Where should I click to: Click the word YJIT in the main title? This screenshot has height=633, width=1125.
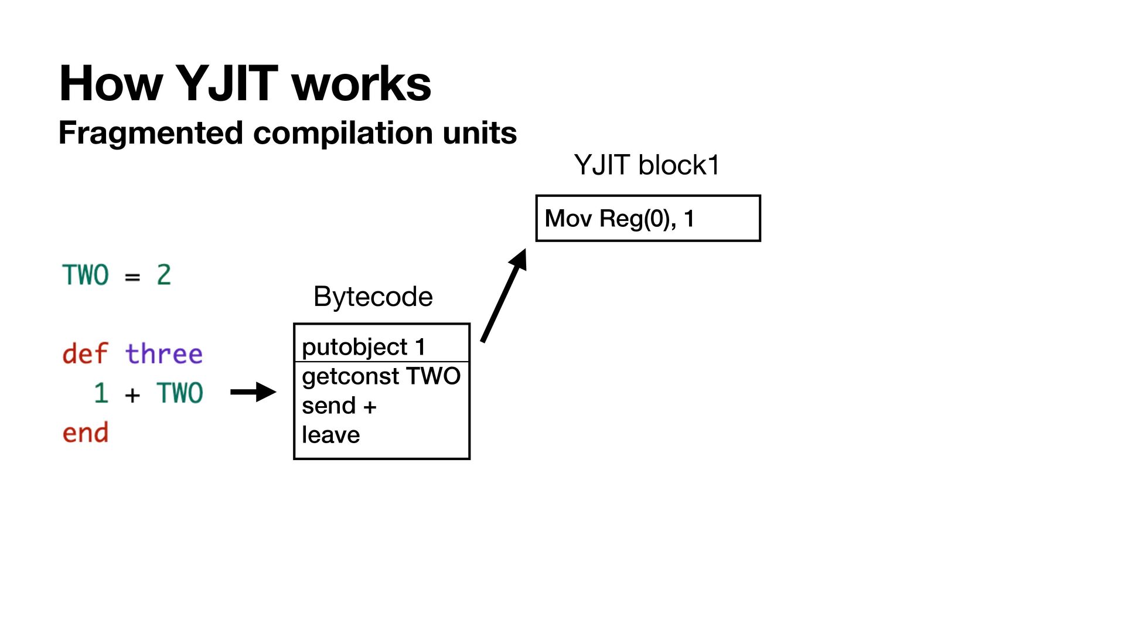click(226, 84)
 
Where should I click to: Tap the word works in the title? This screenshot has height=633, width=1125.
click(361, 84)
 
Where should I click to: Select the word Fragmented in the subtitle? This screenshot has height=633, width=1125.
click(150, 132)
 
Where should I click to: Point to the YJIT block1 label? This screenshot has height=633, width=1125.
click(646, 165)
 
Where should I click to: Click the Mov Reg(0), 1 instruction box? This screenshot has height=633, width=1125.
click(648, 219)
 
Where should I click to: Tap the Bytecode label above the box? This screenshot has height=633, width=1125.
click(373, 297)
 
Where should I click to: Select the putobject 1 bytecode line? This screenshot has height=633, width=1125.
click(363, 347)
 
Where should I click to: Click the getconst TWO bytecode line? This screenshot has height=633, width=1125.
click(381, 376)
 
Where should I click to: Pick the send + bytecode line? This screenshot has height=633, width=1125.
click(339, 406)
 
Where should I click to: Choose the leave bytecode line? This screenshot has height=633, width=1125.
click(330, 435)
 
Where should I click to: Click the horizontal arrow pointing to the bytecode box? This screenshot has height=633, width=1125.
click(253, 392)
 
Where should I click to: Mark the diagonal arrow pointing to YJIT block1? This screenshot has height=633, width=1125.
click(503, 295)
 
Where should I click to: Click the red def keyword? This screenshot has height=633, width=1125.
click(85, 354)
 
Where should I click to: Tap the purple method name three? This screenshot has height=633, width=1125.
click(163, 354)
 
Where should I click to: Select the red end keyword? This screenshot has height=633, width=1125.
click(85, 433)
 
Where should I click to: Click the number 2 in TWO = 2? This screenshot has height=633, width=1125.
click(163, 275)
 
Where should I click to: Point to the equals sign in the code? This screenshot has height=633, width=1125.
click(132, 277)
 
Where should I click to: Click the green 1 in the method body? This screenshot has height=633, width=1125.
click(101, 393)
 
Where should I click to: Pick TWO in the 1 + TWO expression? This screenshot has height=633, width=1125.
click(179, 393)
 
